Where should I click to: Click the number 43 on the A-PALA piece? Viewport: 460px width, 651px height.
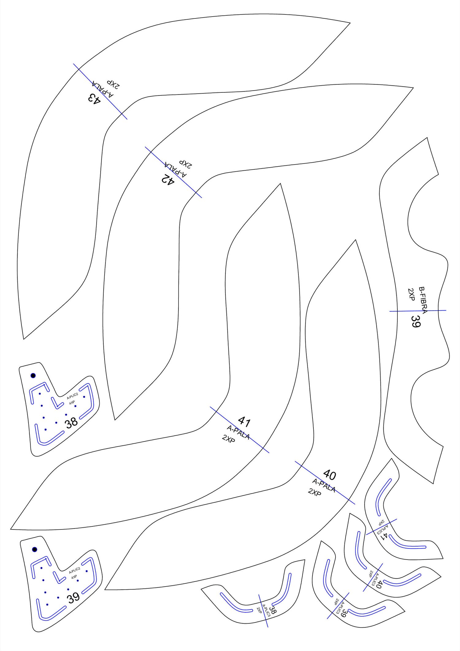point(94,99)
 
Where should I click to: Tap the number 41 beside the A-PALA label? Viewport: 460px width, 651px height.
point(244,422)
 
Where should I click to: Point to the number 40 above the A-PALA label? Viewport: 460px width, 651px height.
point(330,475)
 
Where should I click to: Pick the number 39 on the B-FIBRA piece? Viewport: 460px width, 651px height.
point(416,321)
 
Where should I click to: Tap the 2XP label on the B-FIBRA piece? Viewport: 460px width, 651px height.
point(411,294)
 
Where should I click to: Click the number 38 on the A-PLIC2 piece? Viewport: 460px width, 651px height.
point(71,423)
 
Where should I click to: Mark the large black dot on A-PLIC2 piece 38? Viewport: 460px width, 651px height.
point(33,375)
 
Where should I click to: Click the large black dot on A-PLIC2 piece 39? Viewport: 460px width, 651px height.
point(35,549)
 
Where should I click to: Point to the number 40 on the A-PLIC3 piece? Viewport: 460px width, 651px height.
point(378,584)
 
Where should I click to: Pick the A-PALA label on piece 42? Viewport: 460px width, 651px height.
point(175,169)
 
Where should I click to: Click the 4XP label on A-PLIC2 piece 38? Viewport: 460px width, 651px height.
point(72,403)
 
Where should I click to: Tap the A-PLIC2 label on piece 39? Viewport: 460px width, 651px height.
point(75,571)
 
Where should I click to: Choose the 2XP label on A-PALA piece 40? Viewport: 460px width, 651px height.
point(315,492)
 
